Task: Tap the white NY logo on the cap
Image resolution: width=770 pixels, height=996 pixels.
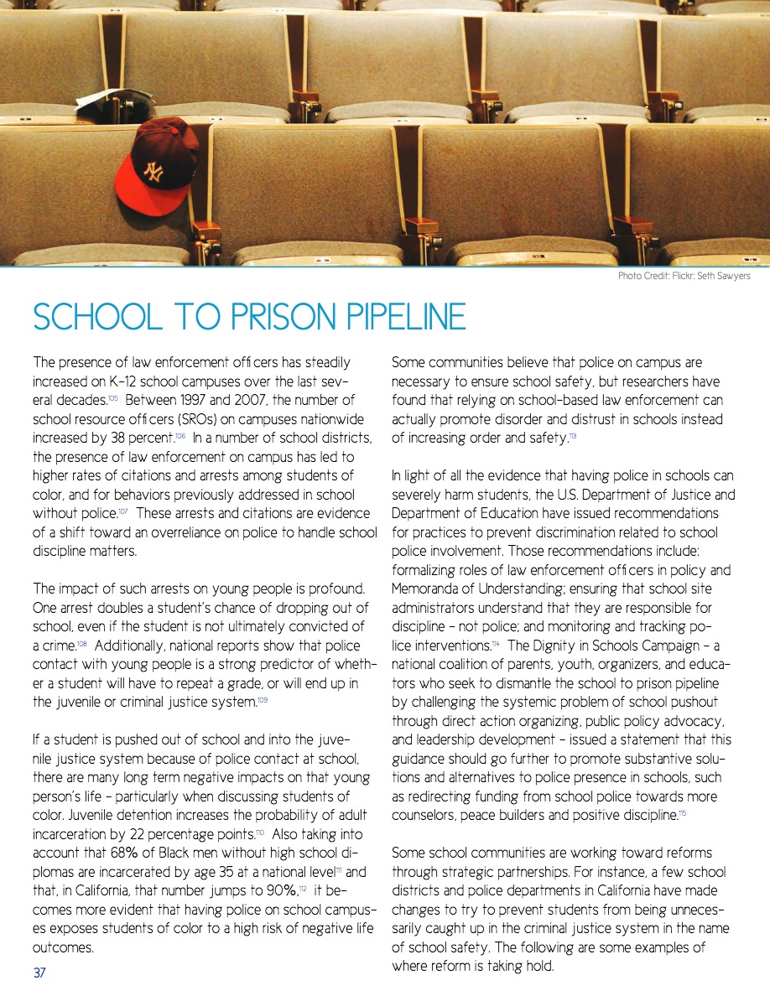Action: tap(153, 172)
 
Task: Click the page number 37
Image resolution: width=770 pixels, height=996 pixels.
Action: tap(39, 973)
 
